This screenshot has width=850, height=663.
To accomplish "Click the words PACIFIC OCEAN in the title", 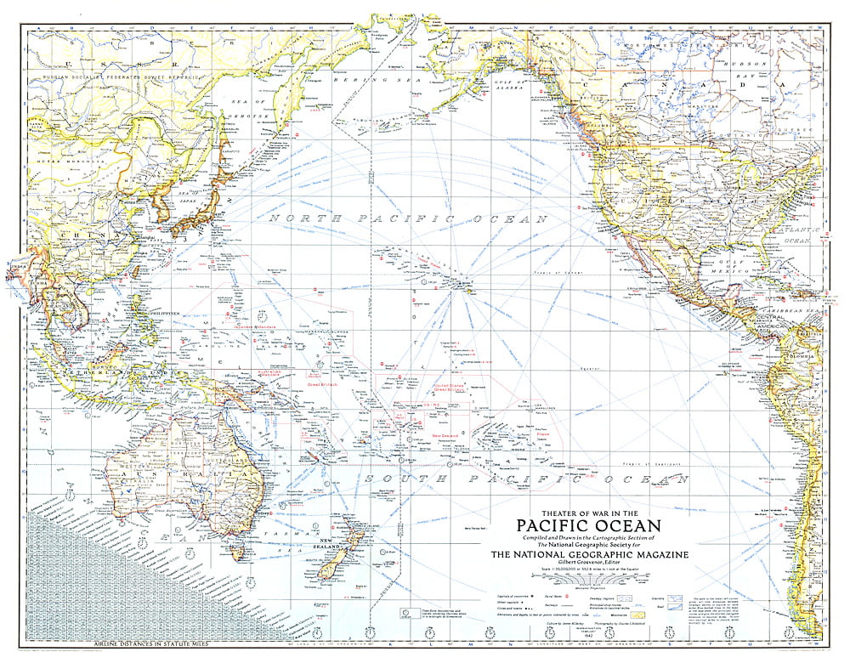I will (x=588, y=524).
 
